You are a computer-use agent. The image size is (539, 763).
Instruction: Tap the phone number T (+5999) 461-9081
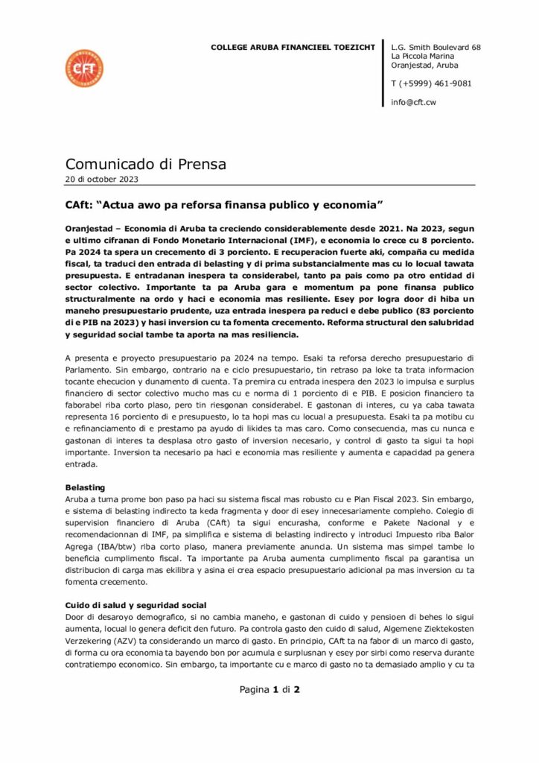click(x=431, y=83)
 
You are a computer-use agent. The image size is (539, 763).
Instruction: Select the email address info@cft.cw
click(x=413, y=102)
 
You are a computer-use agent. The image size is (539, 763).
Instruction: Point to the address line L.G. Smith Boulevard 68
click(x=436, y=47)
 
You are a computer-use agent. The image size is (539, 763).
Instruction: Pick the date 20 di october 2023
click(x=101, y=179)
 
